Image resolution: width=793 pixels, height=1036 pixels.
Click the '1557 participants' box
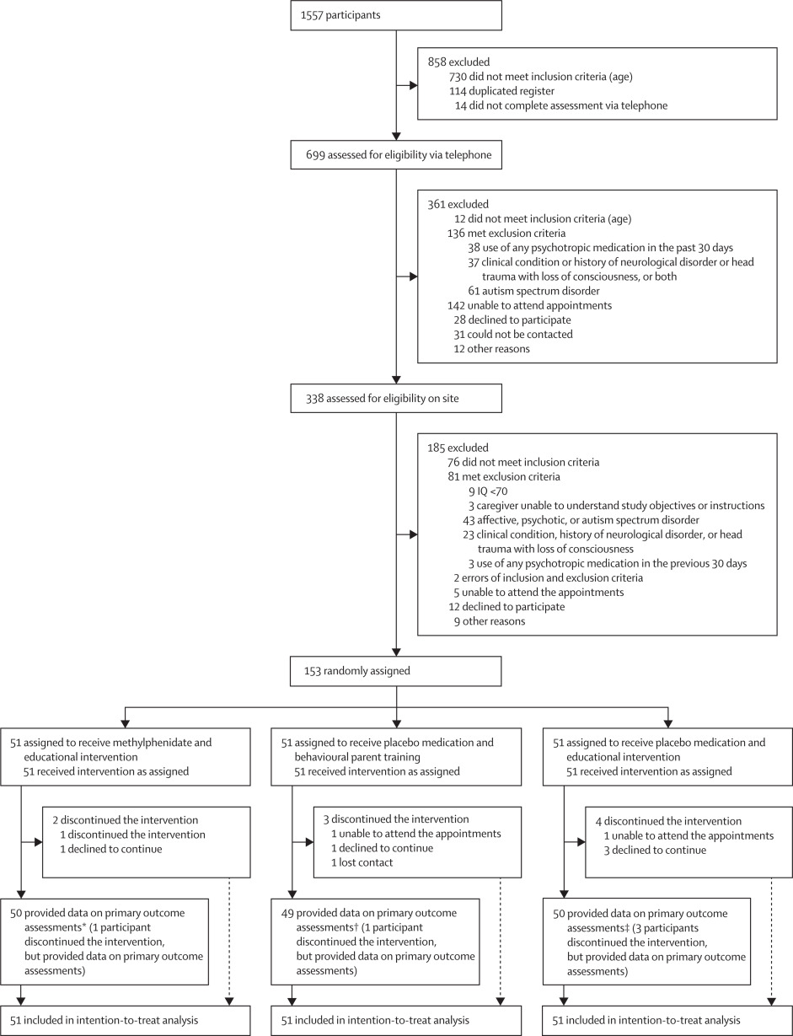pyautogui.click(x=395, y=16)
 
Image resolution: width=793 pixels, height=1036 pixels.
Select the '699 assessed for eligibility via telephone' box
pyautogui.click(x=395, y=155)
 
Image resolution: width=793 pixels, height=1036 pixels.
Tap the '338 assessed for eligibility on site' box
pyautogui.click(x=395, y=399)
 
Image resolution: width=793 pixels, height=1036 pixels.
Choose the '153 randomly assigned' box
pyautogui.click(x=395, y=672)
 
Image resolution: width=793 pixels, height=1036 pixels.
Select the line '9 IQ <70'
pyautogui.click(x=488, y=491)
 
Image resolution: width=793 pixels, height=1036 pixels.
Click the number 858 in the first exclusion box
pyautogui.click(x=437, y=62)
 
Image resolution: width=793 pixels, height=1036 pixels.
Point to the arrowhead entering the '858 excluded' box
pyautogui.click(x=413, y=85)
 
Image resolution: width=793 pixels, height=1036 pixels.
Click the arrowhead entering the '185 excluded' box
pyautogui.click(x=413, y=534)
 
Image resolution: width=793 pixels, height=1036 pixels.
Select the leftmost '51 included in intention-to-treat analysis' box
pyautogui.click(x=126, y=1020)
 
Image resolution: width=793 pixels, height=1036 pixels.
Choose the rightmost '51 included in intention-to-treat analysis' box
pyautogui.click(x=667, y=1020)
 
